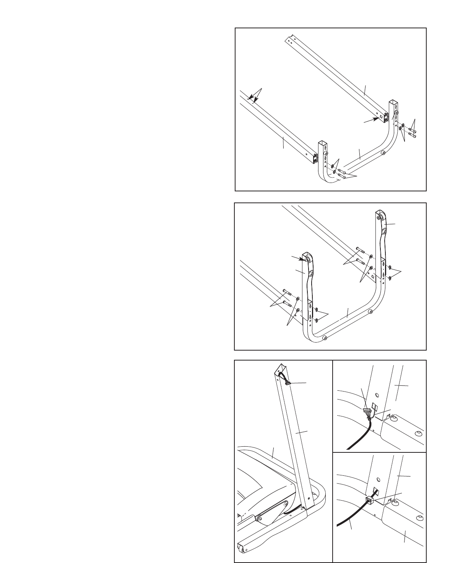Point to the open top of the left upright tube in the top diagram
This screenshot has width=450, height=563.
coord(323,144)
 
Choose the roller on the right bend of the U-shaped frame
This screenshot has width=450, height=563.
coord(370,312)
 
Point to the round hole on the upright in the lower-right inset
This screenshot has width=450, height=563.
coord(377,479)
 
